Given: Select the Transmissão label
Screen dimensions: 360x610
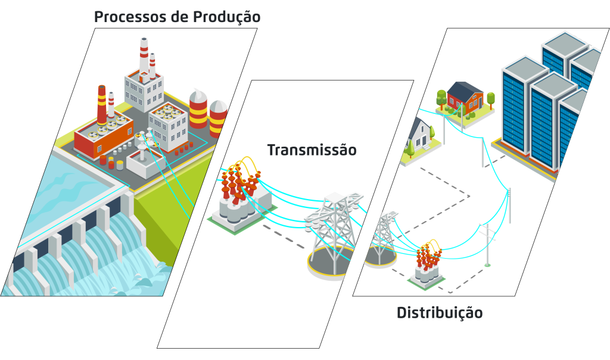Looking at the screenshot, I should click(312, 150).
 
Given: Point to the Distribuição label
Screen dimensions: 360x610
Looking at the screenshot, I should click(440, 312).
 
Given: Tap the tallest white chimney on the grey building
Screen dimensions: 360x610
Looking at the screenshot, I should click(144, 57).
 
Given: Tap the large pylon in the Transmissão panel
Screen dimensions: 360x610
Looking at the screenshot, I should click(334, 232).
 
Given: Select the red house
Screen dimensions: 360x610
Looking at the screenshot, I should click(465, 98).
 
